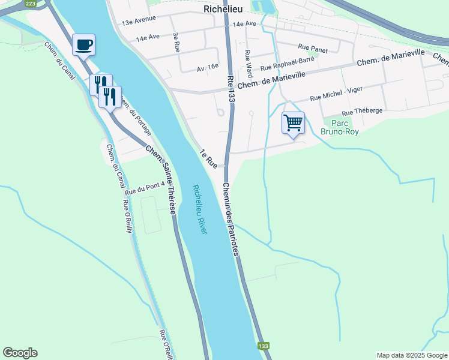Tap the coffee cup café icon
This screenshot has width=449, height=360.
point(83,44)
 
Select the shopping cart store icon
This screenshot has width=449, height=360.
point(293,123)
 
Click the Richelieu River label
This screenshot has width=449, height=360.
point(200,209)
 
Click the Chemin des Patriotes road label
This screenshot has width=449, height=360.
point(232,219)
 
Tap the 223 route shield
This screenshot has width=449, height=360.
point(32,4)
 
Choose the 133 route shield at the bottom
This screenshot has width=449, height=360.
point(263,346)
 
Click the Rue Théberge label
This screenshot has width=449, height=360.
point(362,112)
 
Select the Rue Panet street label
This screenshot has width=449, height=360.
point(313,50)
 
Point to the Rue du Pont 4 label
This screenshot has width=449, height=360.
point(143,189)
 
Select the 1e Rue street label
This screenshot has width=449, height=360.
point(208,157)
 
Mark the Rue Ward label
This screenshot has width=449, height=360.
point(248,63)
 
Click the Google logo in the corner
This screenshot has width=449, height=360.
point(20,353)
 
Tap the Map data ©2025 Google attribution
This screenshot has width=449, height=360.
point(412,355)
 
